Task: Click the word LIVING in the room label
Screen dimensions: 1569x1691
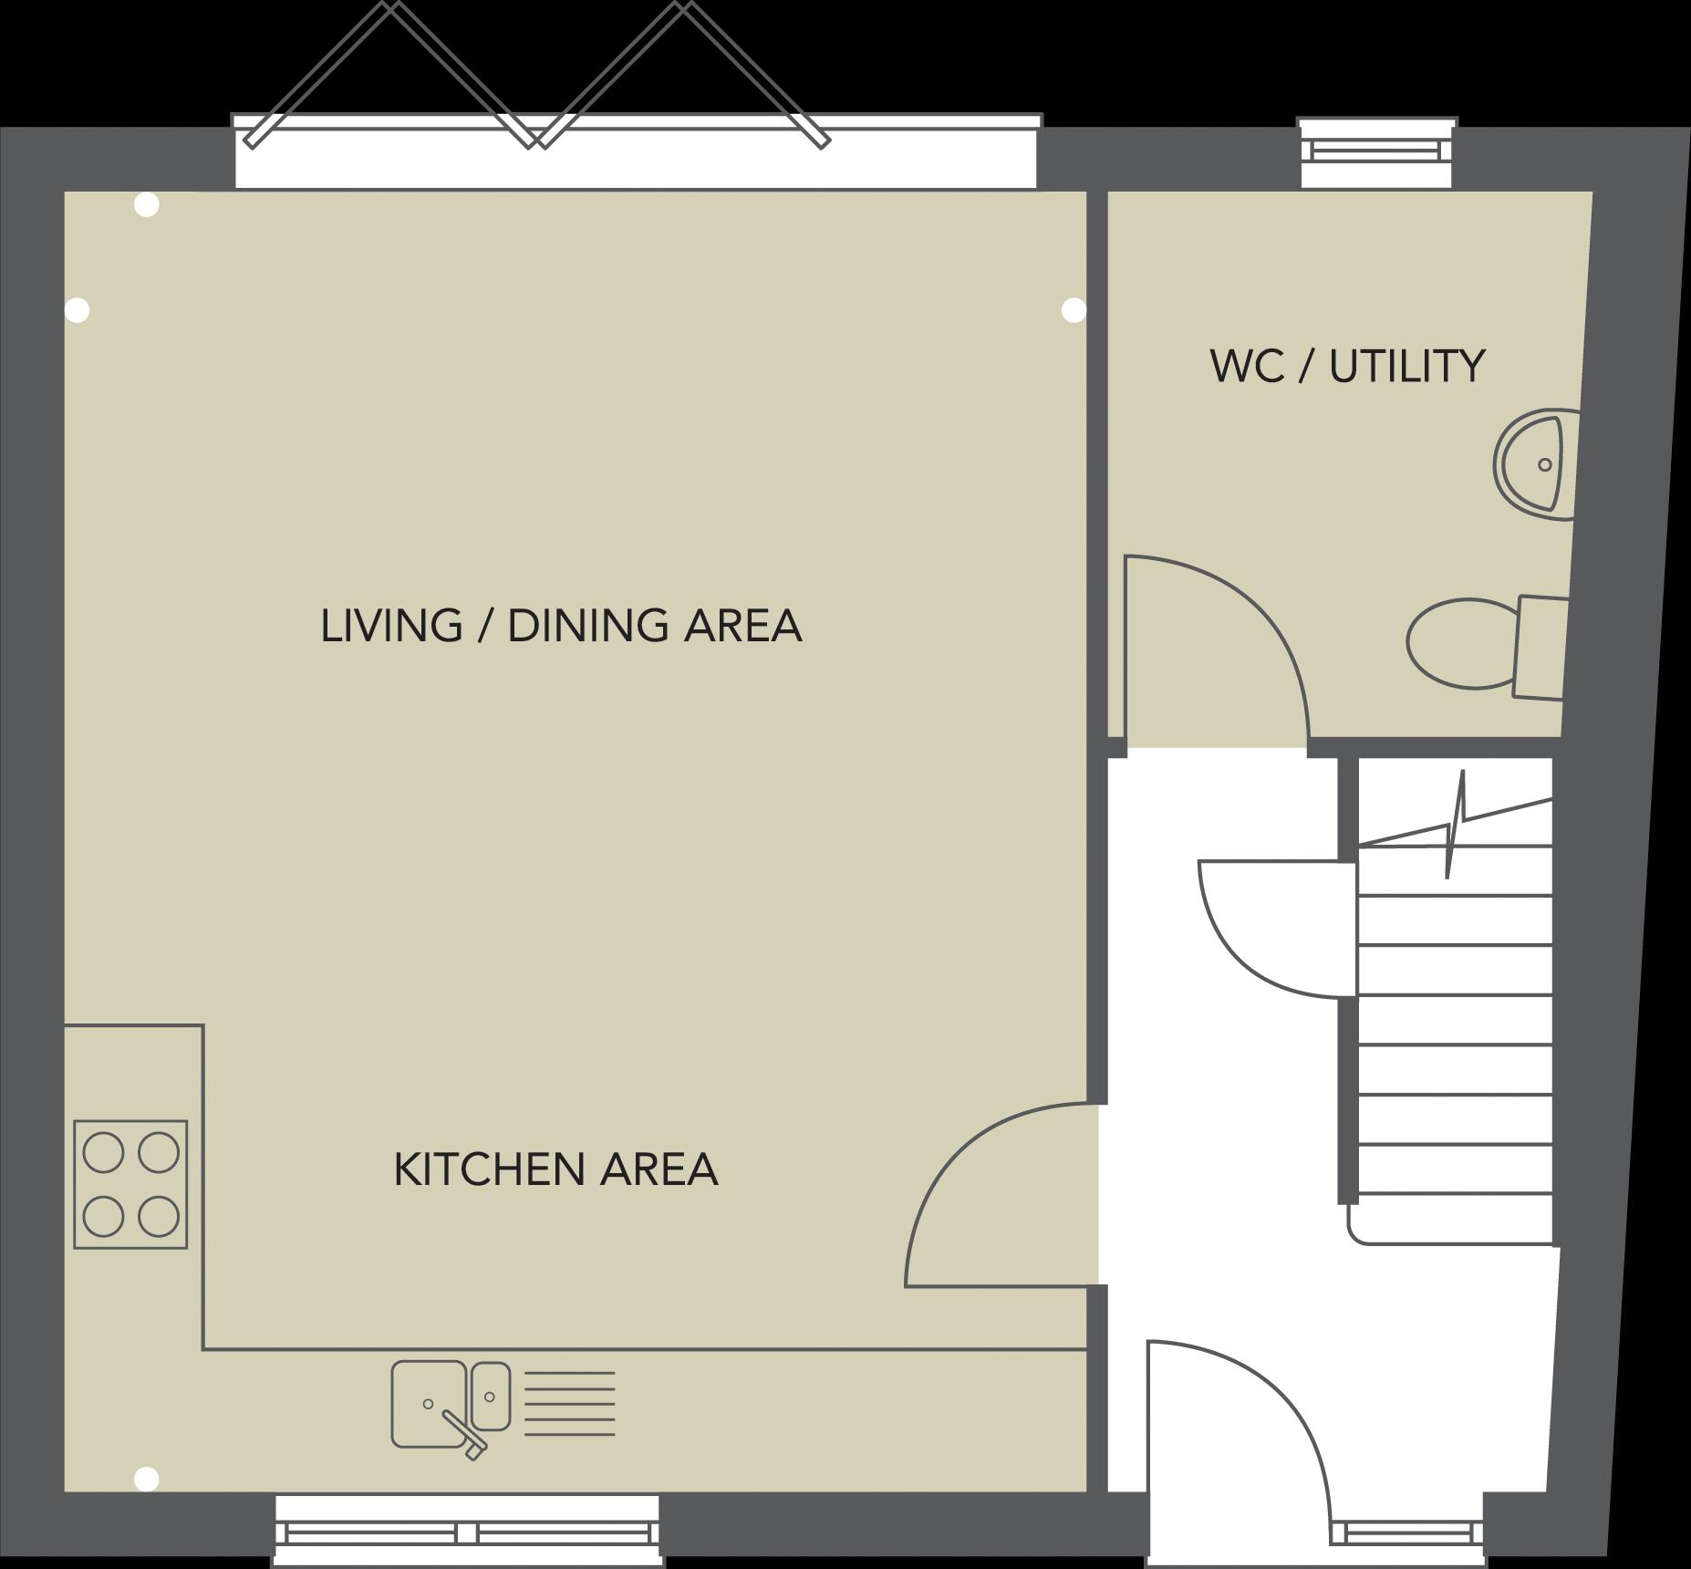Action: click(391, 627)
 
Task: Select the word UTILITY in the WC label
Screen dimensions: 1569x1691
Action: click(1406, 367)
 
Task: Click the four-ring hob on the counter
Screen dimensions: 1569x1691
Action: click(130, 1184)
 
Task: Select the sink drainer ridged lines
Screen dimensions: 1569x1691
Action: click(570, 1404)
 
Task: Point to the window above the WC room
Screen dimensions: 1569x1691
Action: click(1376, 152)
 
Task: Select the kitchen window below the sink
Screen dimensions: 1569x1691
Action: click(467, 1533)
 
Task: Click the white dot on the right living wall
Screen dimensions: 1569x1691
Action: click(1074, 310)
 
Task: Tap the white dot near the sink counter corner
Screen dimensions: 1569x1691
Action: click(146, 1478)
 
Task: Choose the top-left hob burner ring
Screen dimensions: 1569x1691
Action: click(103, 1152)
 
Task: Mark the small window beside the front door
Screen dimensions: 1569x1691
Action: click(1406, 1533)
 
